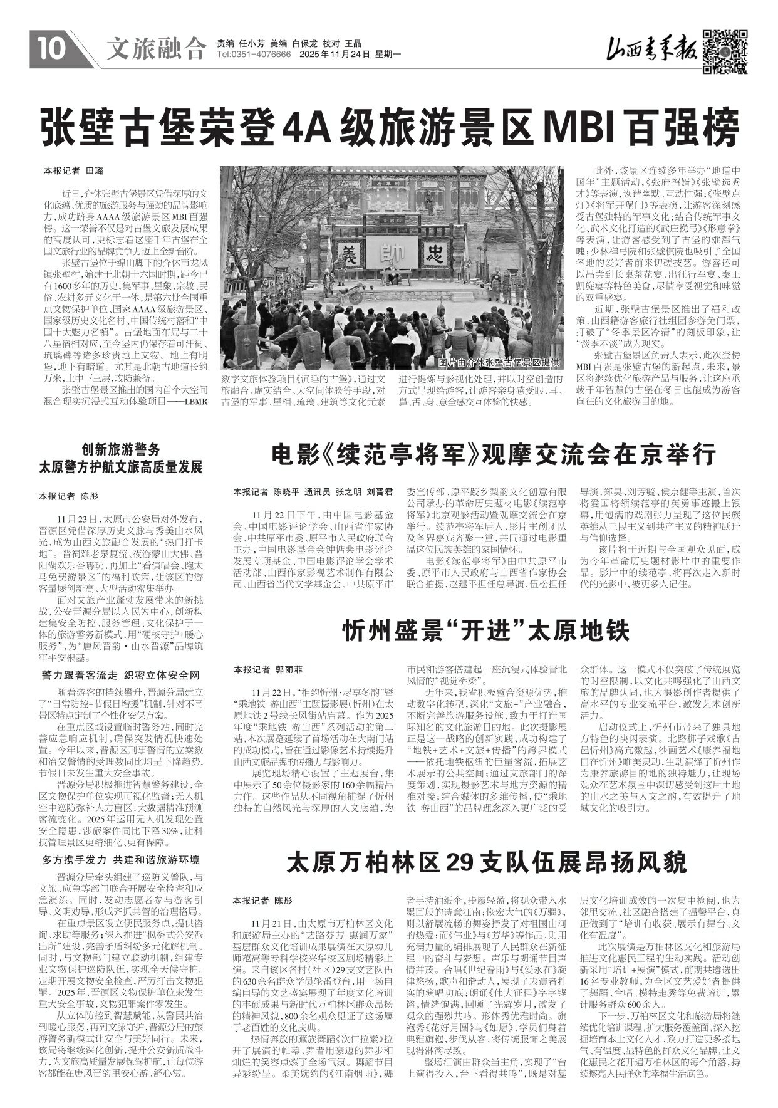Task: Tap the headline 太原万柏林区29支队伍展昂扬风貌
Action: tap(486, 862)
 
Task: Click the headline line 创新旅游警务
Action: tap(121, 449)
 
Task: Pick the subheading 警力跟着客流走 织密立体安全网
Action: tap(121, 675)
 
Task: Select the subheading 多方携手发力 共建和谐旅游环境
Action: tap(121, 859)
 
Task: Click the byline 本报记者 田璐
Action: tap(73, 170)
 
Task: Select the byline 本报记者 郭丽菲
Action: tap(268, 669)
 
